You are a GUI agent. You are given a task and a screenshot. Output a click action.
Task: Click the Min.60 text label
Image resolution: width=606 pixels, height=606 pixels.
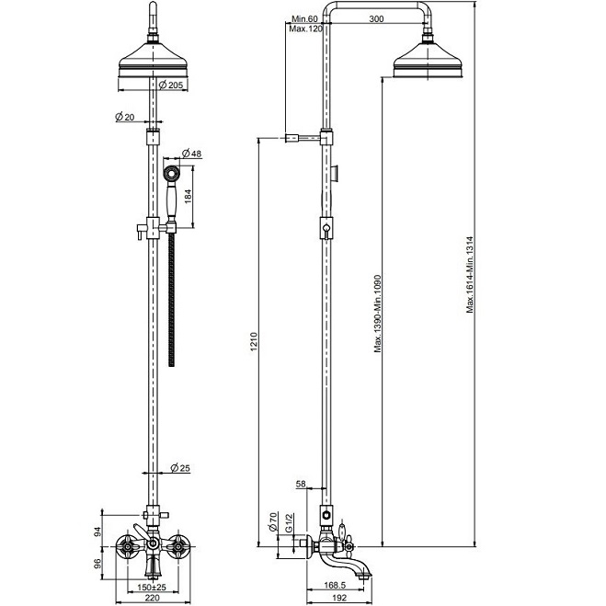(303, 18)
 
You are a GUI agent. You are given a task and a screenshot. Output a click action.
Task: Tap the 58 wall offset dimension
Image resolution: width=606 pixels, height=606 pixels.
(301, 483)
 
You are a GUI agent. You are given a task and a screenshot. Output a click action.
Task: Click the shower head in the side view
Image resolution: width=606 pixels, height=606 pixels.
(429, 63)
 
